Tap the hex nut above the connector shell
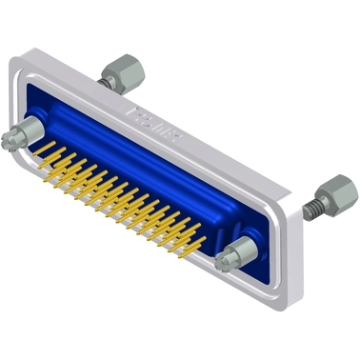click(120, 68)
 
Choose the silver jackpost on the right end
click(236, 254)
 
